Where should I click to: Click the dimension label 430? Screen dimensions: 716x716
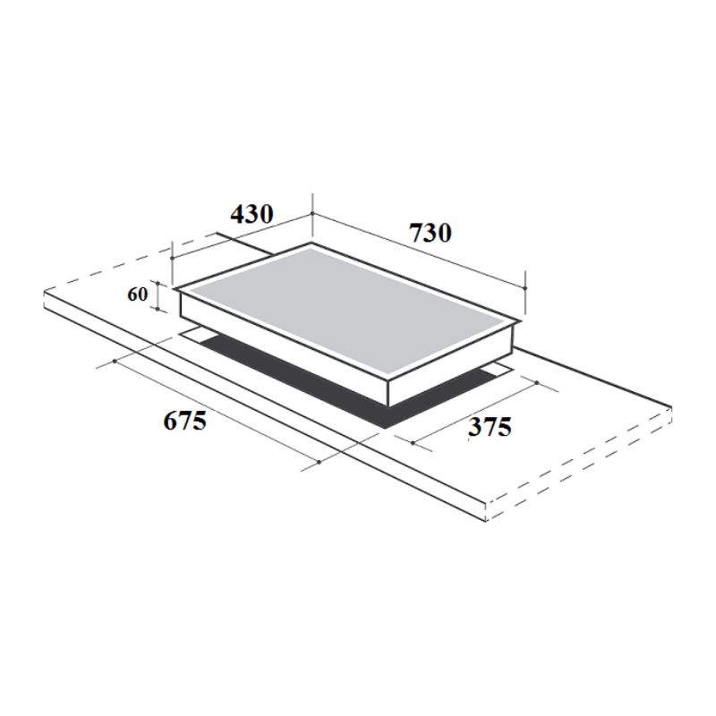pos(251,216)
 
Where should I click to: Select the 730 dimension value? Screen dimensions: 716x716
pos(430,233)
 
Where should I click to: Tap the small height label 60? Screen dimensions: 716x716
pos(137,294)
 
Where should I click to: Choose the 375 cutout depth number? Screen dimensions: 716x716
pos(490,428)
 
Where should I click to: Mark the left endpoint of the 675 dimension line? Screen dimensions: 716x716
pos(116,362)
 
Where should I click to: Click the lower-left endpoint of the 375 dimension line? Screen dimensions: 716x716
pos(412,442)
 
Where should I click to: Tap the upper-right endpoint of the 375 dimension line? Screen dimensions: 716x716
pos(535,382)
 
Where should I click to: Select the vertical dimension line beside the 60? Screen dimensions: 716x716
pos(158,295)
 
